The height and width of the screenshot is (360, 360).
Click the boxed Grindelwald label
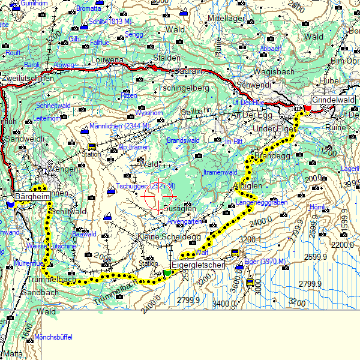pos(333,100)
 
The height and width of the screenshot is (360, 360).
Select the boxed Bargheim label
pos(31,196)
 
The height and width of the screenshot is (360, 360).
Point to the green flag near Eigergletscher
pos(167,273)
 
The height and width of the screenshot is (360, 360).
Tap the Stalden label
pos(167,58)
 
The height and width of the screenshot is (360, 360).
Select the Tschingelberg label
pos(183,88)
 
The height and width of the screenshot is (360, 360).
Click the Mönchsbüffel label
pos(53,337)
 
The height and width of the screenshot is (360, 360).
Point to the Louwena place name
pos(107,61)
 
